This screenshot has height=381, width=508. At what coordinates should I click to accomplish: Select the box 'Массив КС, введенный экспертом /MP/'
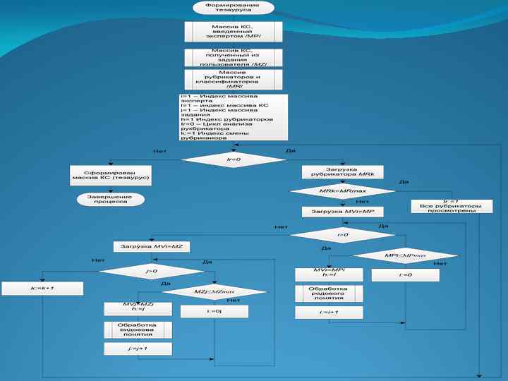coord(233,32)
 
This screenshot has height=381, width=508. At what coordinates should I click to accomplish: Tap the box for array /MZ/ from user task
coord(233,57)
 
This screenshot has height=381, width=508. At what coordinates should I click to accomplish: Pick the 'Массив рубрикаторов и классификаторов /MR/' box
coord(233,79)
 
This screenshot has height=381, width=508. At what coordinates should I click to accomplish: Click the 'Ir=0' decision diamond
coord(233,160)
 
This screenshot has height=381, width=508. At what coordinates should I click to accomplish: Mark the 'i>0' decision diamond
coord(342,234)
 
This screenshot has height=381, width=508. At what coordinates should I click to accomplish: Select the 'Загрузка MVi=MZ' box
coord(152,247)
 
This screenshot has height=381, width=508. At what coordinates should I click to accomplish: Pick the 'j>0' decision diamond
coord(151,270)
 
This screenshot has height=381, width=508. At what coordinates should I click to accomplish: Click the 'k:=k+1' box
coord(42,288)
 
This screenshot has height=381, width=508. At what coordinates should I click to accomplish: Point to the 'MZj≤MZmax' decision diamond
coord(214,291)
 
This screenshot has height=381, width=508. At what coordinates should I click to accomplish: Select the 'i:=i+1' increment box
coord(329,312)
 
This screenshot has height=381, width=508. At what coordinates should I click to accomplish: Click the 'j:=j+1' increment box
coord(139,349)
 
